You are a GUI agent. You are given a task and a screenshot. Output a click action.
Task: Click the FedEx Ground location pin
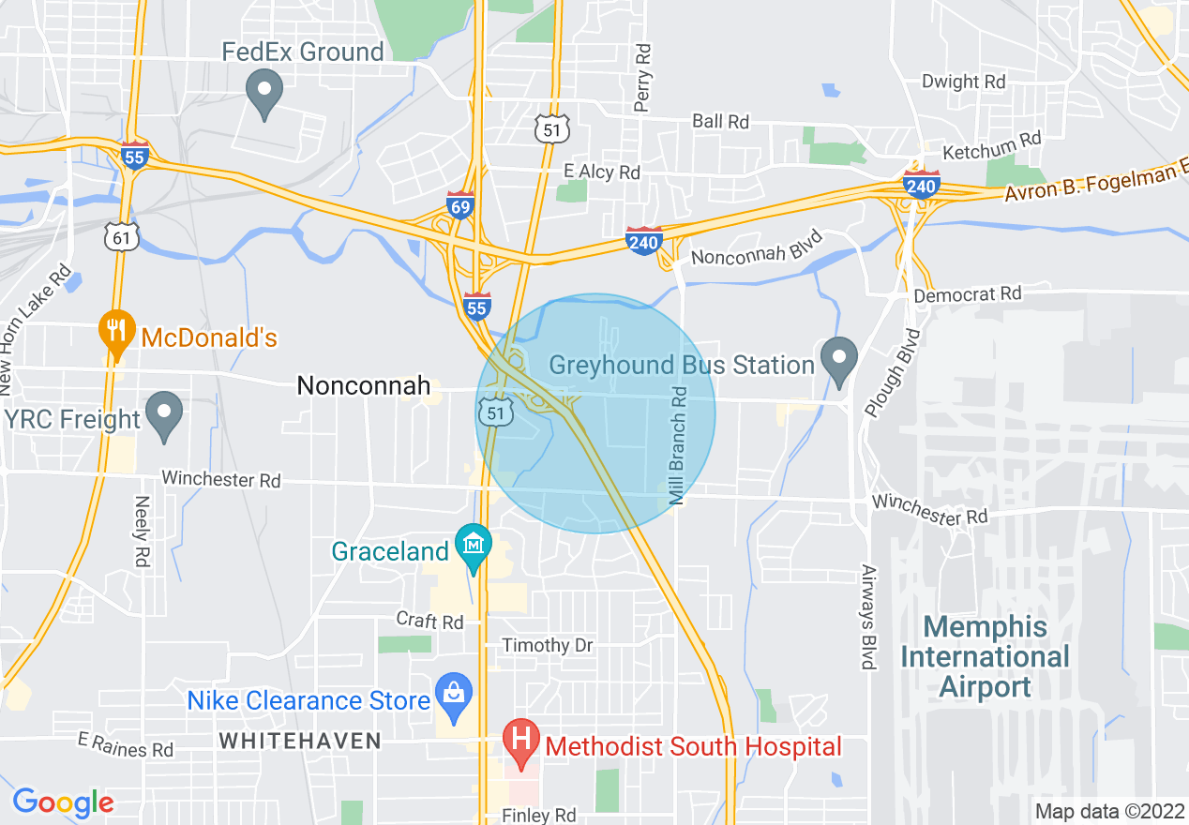[263, 95]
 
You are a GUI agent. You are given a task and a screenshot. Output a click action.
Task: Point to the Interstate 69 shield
[459, 205]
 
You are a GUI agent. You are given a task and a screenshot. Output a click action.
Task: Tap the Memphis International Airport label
[985, 656]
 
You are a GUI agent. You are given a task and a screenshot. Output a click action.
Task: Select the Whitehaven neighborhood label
[300, 741]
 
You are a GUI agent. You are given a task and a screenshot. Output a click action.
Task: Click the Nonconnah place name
[364, 385]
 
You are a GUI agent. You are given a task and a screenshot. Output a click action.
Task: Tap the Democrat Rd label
[968, 294]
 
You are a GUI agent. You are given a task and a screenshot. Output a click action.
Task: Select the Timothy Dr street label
[548, 646]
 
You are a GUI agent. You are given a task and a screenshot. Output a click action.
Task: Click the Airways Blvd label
[868, 616]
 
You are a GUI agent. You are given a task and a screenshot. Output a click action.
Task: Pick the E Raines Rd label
[126, 746]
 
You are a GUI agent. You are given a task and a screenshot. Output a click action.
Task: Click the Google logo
[63, 802]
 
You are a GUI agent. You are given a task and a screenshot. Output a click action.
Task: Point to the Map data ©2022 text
[1107, 811]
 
